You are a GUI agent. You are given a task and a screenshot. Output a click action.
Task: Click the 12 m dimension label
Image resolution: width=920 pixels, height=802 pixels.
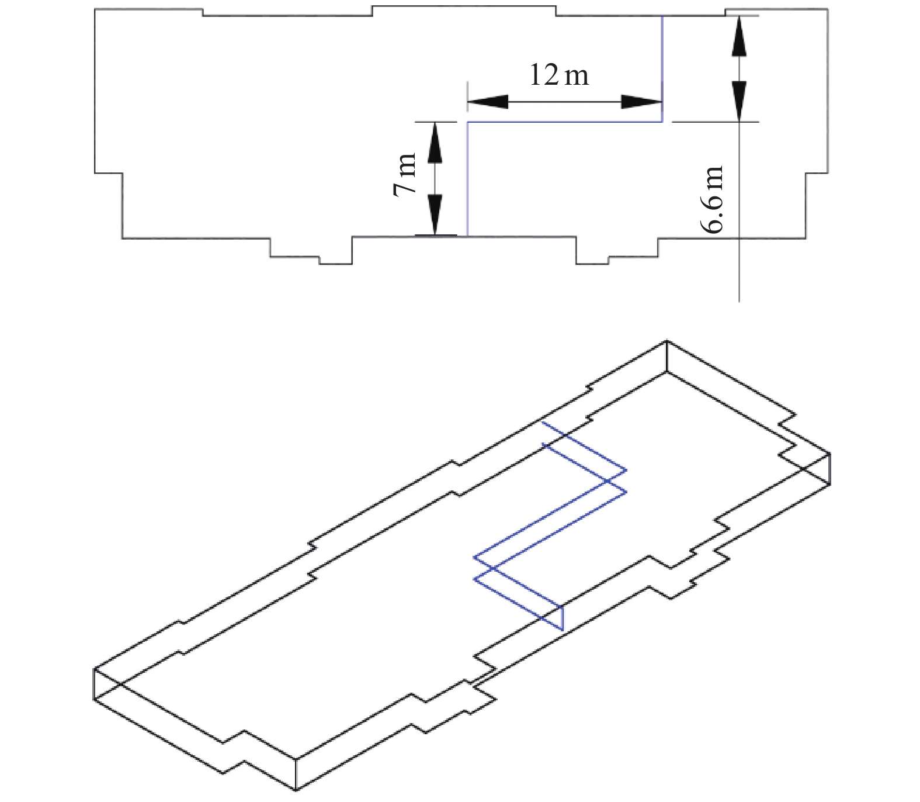point(559,75)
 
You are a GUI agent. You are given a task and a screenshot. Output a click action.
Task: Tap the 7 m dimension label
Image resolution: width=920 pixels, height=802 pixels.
point(405,174)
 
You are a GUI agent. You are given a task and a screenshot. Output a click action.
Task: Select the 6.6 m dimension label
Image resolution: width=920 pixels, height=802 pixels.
point(713,199)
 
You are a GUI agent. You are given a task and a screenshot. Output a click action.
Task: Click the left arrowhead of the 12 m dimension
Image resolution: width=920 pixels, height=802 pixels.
point(488,102)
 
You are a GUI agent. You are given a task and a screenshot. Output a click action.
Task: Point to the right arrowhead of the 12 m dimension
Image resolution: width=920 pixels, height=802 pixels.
point(641,102)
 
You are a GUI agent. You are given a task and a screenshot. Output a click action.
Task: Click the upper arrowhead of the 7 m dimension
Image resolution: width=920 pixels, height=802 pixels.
point(435,142)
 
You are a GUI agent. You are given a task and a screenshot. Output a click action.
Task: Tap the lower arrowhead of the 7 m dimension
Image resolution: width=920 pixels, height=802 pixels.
point(435,215)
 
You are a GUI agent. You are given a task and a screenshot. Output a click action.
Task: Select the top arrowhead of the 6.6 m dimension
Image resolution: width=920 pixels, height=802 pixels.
point(740,36)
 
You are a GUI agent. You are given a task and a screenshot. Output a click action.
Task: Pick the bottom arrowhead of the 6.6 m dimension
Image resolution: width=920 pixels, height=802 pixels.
point(740,101)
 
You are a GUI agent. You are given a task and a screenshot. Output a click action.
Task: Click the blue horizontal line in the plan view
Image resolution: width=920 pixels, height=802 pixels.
point(564,122)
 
